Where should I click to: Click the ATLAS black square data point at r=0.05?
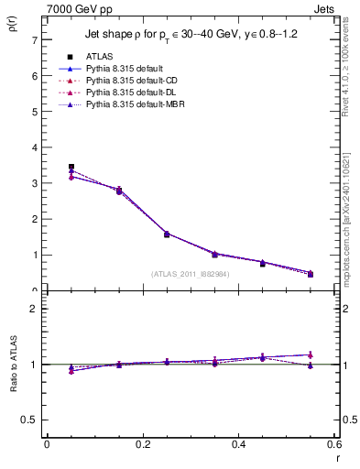click(71, 167)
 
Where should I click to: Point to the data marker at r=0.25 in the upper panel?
click(167, 234)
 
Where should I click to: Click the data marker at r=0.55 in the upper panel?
click(311, 274)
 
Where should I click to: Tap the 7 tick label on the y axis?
click(34, 40)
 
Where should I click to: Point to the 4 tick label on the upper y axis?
click(34, 147)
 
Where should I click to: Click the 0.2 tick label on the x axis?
click(142, 444)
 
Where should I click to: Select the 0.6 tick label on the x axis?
click(333, 444)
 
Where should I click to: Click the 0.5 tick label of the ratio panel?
click(29, 420)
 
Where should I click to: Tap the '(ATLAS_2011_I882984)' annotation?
click(191, 273)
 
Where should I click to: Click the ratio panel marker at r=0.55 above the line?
click(311, 354)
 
